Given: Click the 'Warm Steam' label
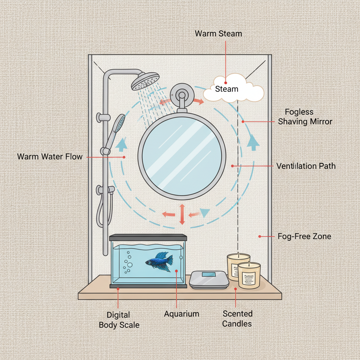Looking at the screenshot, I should click(x=218, y=34).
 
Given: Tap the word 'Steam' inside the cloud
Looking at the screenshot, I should click(x=226, y=89).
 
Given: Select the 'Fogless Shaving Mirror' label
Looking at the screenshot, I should click(x=305, y=117).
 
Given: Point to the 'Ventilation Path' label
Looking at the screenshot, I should click(x=306, y=166).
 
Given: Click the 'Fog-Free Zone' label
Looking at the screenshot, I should click(x=304, y=236).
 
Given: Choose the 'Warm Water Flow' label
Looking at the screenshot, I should click(x=50, y=156).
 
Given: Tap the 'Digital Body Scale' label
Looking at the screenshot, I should click(x=119, y=320).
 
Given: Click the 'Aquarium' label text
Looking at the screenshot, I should click(x=181, y=314).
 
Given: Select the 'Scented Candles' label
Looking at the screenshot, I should click(x=237, y=319).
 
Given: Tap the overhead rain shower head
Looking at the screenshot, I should click(x=145, y=81).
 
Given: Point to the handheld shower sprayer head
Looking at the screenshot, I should click(x=120, y=123).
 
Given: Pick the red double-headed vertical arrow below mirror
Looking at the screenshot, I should click(x=182, y=214).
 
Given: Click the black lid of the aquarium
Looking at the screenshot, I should click(x=148, y=238).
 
